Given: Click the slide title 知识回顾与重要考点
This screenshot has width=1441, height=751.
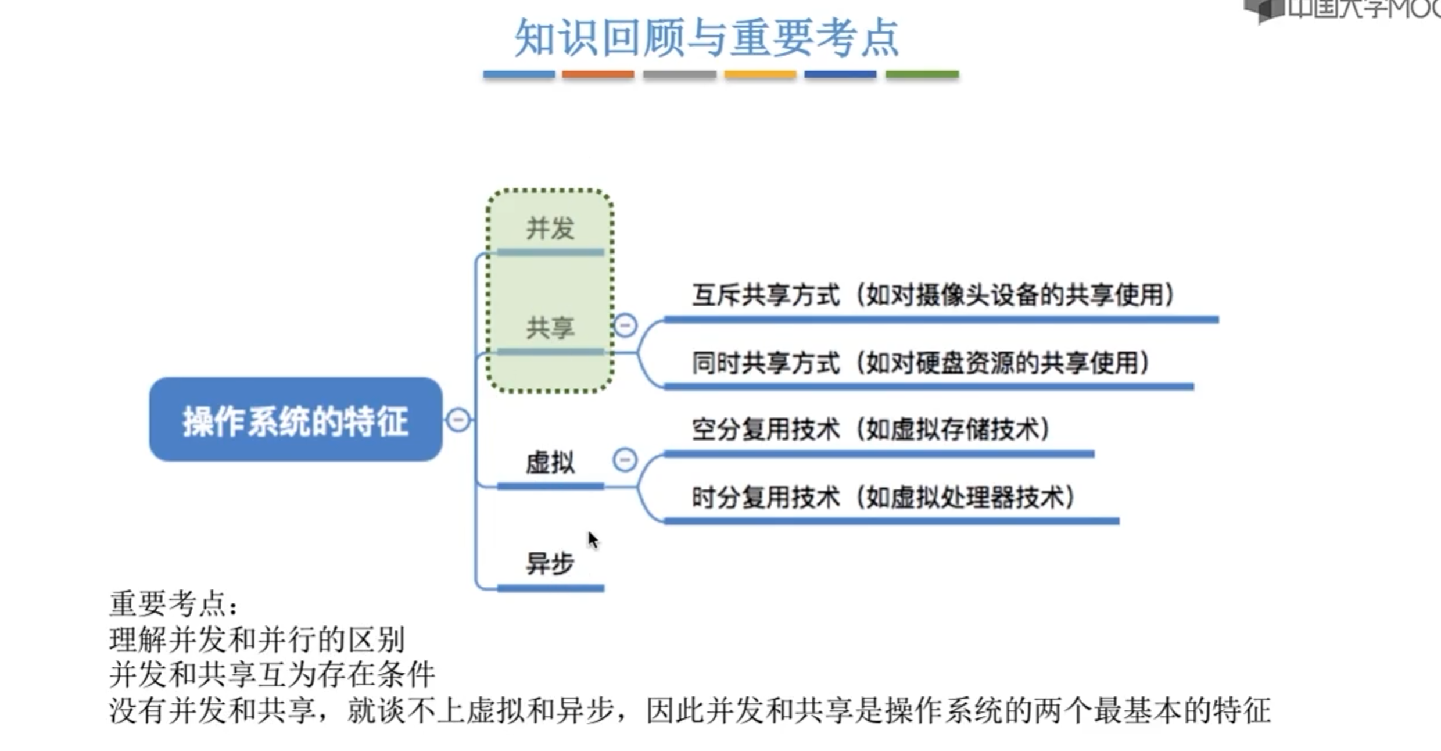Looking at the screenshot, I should coord(707,38).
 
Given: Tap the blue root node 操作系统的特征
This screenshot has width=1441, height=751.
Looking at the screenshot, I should coord(295,420).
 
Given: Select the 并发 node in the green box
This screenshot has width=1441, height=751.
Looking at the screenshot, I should coord(550,228).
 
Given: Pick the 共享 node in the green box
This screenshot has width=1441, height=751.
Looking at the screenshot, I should coord(550,328).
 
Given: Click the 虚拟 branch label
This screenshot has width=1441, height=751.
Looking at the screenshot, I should coord(550,463).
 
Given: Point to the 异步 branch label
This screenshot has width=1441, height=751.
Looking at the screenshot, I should coord(550,563).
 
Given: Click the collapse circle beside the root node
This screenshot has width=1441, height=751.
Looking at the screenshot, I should coord(458,420).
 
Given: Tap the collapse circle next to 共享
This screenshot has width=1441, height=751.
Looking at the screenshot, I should coord(625,325).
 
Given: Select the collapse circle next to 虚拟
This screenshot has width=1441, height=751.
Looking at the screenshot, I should coord(625,460).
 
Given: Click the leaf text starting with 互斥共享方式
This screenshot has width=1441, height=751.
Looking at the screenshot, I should coord(933,295).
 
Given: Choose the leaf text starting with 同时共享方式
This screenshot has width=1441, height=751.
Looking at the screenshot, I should coord(920,363).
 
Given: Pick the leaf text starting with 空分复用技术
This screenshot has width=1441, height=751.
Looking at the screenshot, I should coord(870,430).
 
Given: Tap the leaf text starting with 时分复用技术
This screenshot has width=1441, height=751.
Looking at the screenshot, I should coord(883,498).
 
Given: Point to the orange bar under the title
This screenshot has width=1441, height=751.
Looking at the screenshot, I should coord(597,74).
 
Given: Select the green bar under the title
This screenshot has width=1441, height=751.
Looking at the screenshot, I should coord(922,74).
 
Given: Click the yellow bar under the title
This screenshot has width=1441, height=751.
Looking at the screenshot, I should coord(759,74).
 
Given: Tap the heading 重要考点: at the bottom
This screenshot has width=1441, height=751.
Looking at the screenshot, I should coord(173,604).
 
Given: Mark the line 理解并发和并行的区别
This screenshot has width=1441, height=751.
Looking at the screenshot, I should coord(257,640).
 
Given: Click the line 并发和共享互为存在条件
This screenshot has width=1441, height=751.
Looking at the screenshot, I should coord(272,675).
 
